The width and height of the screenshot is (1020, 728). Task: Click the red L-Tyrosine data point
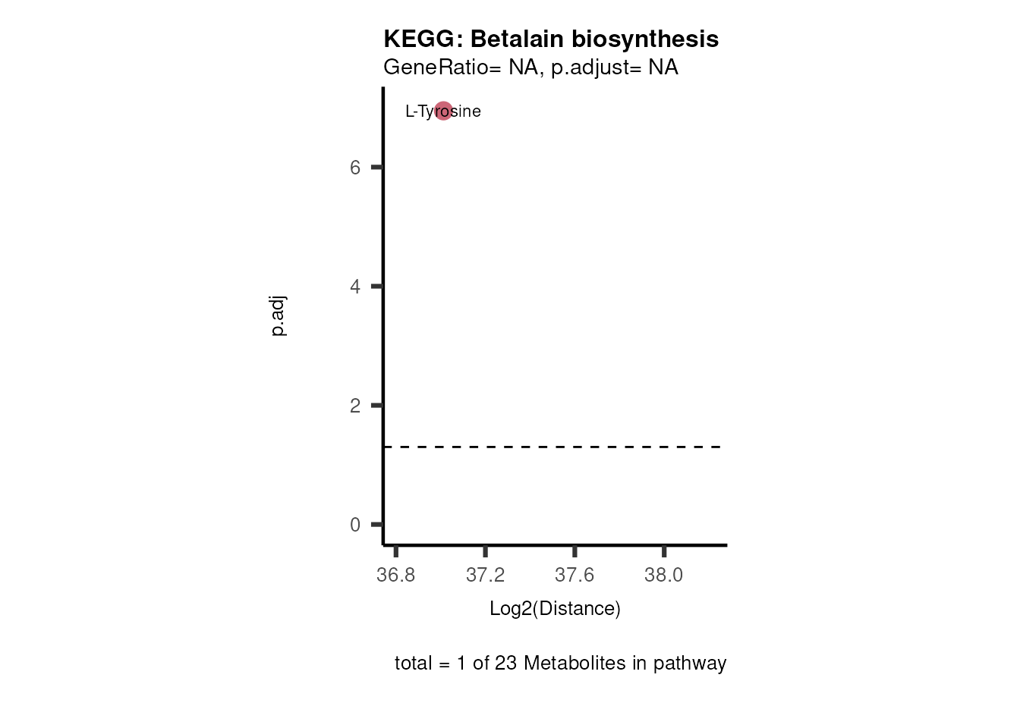click(x=443, y=111)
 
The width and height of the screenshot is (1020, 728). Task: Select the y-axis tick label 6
click(x=355, y=168)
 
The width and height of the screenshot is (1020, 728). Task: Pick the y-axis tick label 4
click(x=355, y=287)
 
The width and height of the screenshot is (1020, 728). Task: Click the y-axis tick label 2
click(x=355, y=406)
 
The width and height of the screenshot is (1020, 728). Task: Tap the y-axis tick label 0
click(x=355, y=525)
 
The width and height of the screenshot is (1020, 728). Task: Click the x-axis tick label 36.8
click(x=396, y=575)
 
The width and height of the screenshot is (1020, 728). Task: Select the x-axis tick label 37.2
click(x=486, y=575)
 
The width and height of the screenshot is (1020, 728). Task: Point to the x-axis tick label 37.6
click(x=575, y=575)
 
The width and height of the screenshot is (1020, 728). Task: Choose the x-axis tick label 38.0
click(x=664, y=575)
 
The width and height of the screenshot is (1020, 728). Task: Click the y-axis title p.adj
click(x=279, y=316)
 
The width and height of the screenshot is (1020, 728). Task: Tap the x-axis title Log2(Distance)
click(x=555, y=608)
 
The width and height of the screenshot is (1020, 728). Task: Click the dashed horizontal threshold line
click(x=554, y=447)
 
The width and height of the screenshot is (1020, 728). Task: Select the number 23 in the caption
click(x=505, y=663)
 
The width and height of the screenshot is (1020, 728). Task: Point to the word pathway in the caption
click(x=690, y=663)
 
